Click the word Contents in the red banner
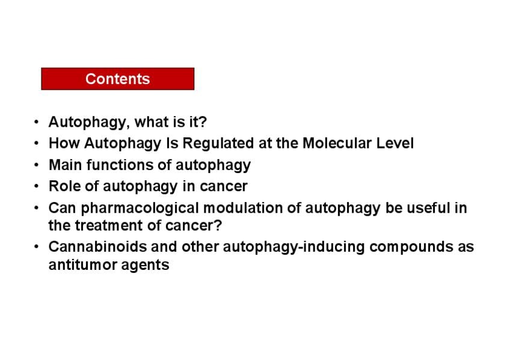tap(118, 79)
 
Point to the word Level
tap(395, 143)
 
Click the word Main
tap(66, 165)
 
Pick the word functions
tap(120, 165)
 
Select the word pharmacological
tap(140, 209)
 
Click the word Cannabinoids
tap(97, 247)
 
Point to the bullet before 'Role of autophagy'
tap(36, 186)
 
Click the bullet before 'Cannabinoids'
tap(36, 247)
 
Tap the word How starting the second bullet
tap(64, 143)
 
